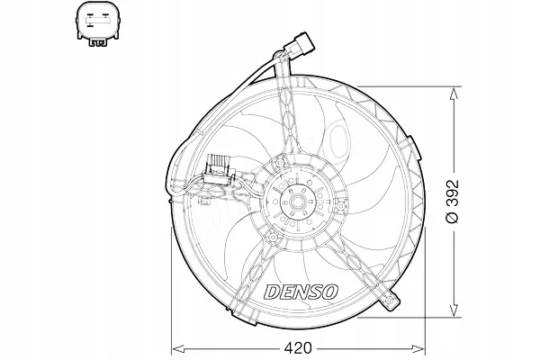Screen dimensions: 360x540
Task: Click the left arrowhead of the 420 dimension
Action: pyautogui.click(x=175, y=346)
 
